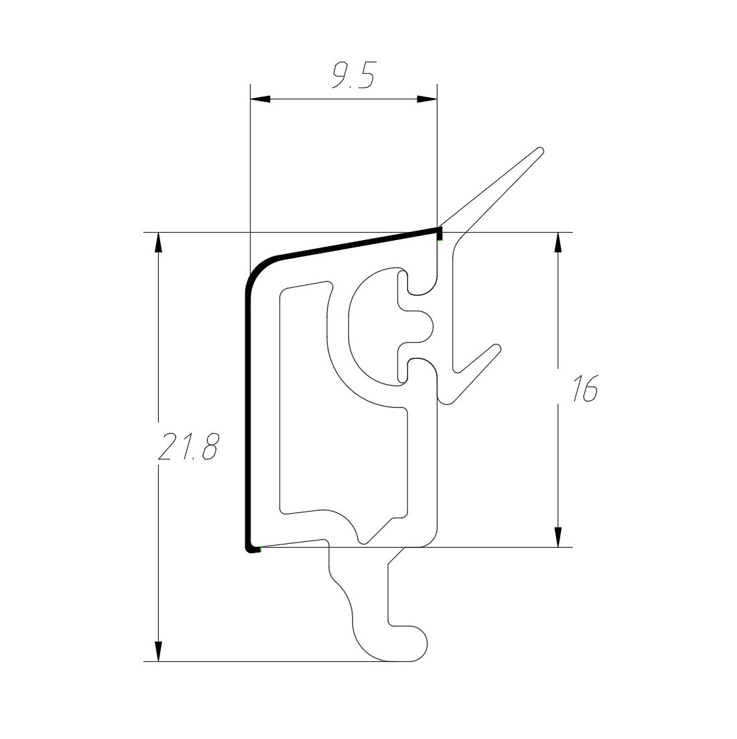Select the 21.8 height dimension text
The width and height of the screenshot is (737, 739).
[x=188, y=447]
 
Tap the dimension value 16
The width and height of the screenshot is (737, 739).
[x=584, y=389]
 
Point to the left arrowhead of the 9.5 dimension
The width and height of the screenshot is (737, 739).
[x=260, y=99]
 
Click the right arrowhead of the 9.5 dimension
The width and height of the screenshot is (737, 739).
[x=426, y=99]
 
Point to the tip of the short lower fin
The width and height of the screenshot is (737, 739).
[x=497, y=348]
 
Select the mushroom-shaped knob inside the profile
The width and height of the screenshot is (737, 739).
[x=417, y=326]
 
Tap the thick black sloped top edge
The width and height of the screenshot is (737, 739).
[x=355, y=243]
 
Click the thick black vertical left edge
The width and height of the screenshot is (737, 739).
[x=246, y=416]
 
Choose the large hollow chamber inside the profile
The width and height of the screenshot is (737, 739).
[x=305, y=402]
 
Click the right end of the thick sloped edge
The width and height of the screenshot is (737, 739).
[x=439, y=231]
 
